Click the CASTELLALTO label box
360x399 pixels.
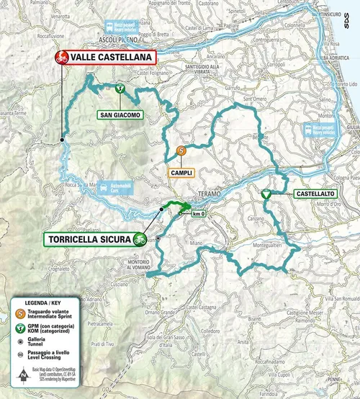[x=315, y=194]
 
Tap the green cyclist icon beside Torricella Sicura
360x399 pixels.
[x=140, y=239]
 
